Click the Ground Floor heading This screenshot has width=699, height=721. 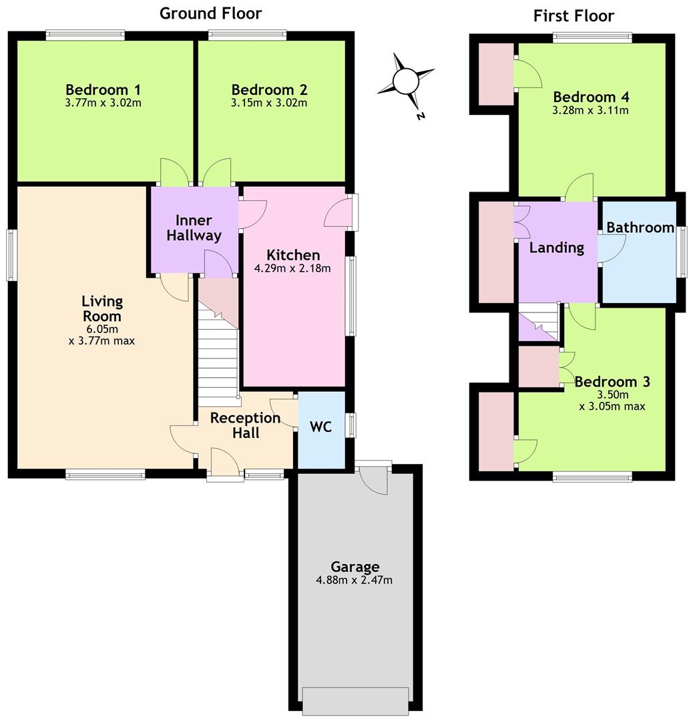210,13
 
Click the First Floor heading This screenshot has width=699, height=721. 573,15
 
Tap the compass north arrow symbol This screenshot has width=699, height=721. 405,82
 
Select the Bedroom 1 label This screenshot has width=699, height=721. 103,89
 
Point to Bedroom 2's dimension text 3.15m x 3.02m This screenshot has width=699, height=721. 269,103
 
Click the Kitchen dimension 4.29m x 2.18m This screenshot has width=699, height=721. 293,268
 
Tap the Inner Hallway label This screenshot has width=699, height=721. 194,228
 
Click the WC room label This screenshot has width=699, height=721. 321,427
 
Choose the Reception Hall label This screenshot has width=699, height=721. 245,425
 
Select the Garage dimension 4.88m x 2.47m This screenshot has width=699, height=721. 355,580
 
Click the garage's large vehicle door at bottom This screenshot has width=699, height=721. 355,700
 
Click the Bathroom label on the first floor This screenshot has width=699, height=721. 640,228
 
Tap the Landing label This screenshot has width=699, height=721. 557,248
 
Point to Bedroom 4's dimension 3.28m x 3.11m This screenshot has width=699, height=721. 591,111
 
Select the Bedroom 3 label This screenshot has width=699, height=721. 612,382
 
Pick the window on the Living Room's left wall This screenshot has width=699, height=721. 12,255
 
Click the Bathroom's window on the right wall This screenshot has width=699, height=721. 681,252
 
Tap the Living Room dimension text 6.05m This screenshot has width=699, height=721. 103,329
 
